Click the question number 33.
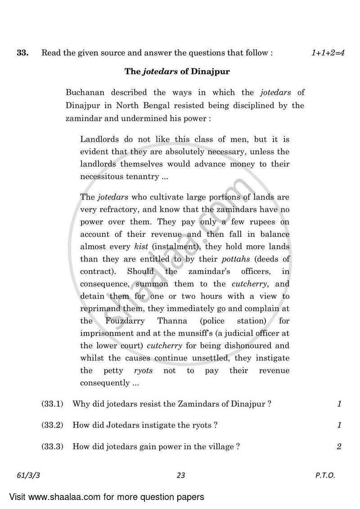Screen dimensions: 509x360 tap(22, 53)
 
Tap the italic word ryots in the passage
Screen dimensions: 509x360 tap(143, 370)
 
